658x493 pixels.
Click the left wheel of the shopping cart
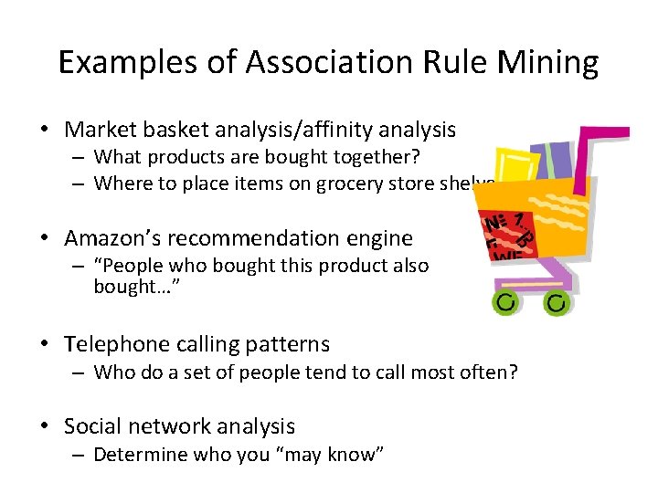click(x=504, y=302)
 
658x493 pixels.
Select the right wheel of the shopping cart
click(x=556, y=302)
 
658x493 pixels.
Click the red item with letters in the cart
click(x=505, y=236)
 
